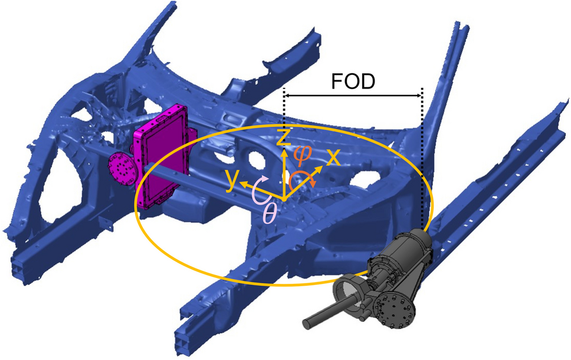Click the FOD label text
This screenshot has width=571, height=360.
coord(353,81)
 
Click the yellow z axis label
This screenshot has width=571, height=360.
coord(284,138)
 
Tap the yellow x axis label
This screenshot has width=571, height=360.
coord(333,158)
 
